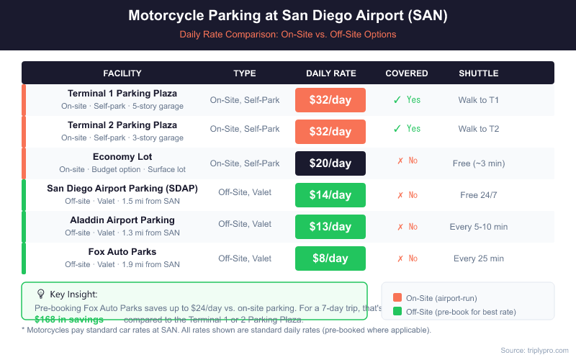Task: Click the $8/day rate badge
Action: pos(330,258)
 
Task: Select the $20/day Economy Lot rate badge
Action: pos(330,163)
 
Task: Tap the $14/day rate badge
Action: pos(330,195)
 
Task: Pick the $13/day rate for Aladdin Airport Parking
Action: pos(330,227)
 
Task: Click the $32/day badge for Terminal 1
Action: pos(330,100)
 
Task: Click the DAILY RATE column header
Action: pos(331,73)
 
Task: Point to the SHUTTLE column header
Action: pos(479,73)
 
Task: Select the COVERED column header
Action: pos(407,73)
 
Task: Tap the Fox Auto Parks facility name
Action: pos(122,252)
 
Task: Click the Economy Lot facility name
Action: pos(122,157)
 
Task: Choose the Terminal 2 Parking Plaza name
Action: pos(122,125)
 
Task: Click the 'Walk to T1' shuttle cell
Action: pos(479,100)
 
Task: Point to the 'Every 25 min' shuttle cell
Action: pos(479,258)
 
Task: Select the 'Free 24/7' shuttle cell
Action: pos(479,195)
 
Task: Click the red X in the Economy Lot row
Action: pos(400,163)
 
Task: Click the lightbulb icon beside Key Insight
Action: pos(41,294)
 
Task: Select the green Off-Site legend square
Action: pos(397,312)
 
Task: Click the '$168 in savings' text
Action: pos(69,319)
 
